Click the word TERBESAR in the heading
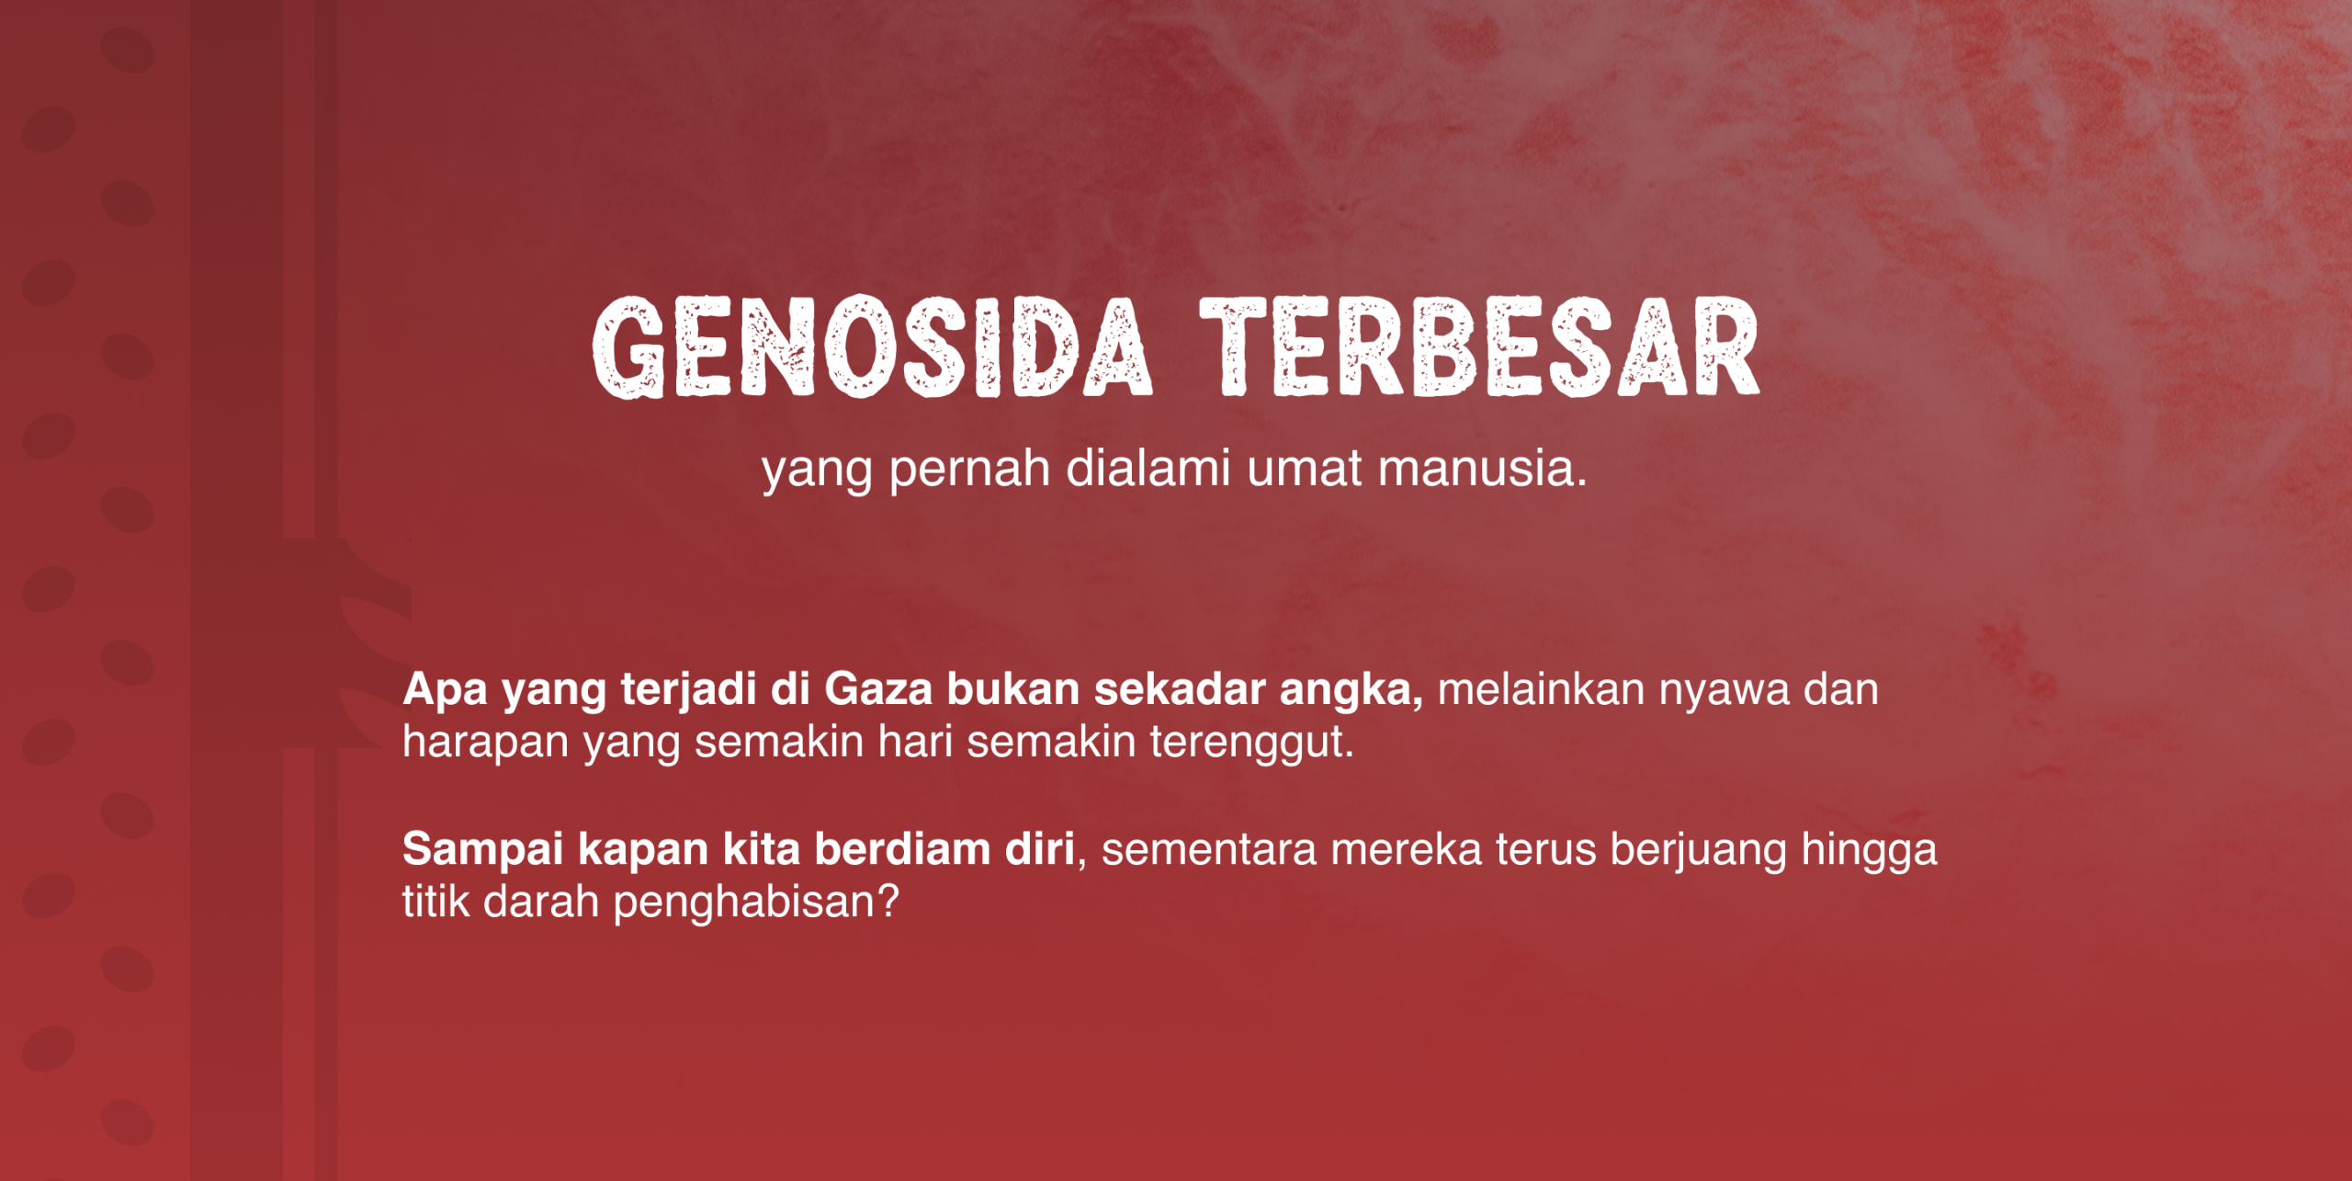(1480, 347)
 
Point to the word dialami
(1148, 469)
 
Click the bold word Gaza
(878, 689)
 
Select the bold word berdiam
(902, 849)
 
